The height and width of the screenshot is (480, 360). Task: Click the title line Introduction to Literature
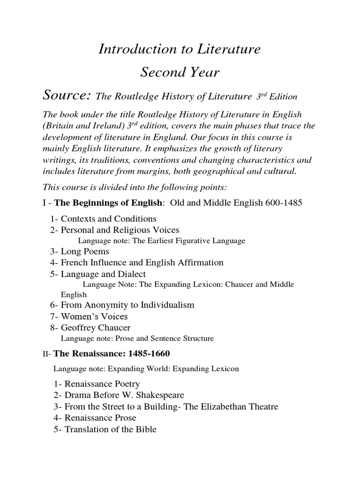coord(180,49)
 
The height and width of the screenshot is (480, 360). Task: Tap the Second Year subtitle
coord(180,72)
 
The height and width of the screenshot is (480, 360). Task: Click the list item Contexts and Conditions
coord(109,219)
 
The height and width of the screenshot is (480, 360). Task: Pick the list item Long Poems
coord(85,252)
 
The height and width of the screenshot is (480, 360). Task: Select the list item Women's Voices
coord(94,316)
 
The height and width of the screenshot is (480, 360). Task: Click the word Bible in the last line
coord(145,428)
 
